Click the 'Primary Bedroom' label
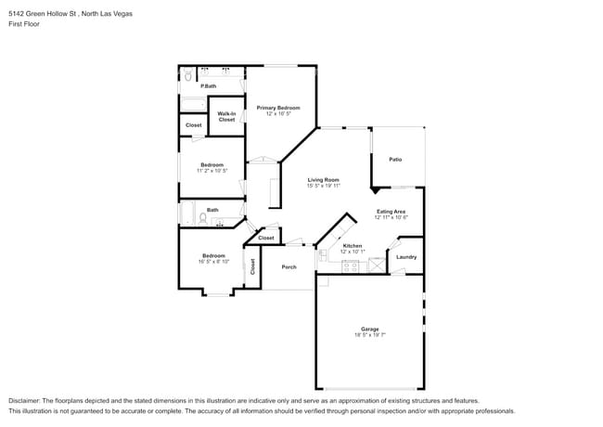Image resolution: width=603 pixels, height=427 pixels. [278, 108]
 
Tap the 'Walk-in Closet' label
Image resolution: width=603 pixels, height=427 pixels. [226, 116]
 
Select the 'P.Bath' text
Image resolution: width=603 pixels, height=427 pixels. [209, 86]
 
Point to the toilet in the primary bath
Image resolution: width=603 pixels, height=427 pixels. [186, 72]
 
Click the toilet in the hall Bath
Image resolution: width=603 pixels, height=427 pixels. [202, 218]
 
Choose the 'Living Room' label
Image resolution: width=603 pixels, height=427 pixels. [324, 179]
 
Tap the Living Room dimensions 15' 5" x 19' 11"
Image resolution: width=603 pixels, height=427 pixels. [324, 186]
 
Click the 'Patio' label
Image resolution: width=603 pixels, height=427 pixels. [395, 160]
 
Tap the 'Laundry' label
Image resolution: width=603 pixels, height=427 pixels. [406, 257]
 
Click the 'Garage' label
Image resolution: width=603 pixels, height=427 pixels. [370, 329]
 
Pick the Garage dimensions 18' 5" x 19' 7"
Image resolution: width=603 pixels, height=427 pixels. [370, 335]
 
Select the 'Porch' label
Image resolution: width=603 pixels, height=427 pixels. [289, 266]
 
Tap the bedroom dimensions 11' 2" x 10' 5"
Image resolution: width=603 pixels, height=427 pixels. [212, 171]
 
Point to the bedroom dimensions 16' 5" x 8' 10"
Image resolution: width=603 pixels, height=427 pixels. [214, 262]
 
